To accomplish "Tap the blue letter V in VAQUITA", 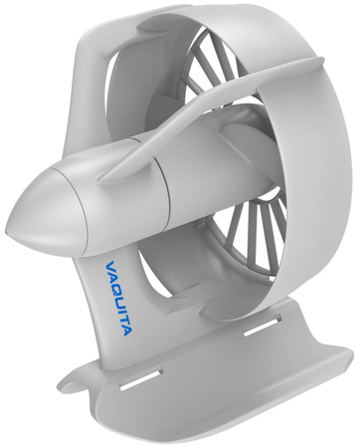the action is click(x=110, y=266).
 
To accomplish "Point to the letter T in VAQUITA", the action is click(x=123, y=320).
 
